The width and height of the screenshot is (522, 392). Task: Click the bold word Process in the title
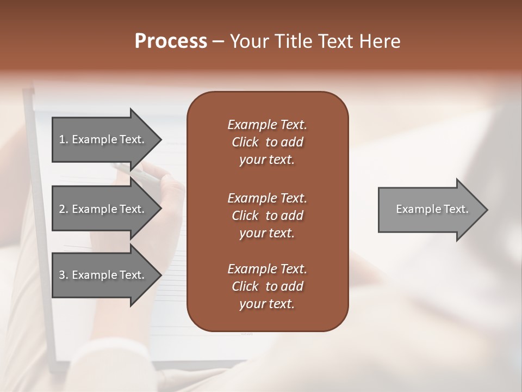tap(171, 41)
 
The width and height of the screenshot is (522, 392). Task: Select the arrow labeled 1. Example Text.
tap(103, 139)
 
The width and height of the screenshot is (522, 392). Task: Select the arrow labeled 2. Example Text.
tap(103, 209)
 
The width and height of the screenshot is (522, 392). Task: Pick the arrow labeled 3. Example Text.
tap(103, 275)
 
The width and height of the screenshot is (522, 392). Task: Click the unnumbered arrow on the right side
tap(430, 209)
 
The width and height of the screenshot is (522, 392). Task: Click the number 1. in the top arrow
tap(64, 139)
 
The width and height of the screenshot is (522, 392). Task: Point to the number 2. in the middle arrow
tap(64, 209)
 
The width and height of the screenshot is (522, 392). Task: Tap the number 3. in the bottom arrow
tap(64, 275)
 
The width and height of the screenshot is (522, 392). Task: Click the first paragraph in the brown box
tap(267, 142)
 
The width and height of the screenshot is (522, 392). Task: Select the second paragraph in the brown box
tap(267, 216)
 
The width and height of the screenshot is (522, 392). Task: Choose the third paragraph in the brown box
tap(267, 286)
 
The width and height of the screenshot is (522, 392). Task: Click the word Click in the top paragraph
tap(245, 142)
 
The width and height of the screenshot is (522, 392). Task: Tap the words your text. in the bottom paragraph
tap(267, 304)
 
